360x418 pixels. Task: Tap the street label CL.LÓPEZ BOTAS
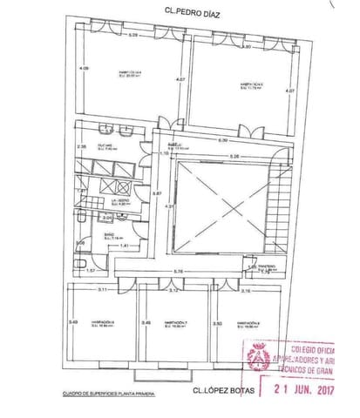pyautogui.click(x=225, y=390)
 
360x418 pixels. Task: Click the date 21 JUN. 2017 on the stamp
pyautogui.click(x=304, y=390)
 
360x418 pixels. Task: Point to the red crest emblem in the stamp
pyautogui.click(x=259, y=356)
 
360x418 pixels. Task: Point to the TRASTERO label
pyautogui.click(x=266, y=267)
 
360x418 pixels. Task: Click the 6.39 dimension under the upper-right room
pyautogui.click(x=223, y=140)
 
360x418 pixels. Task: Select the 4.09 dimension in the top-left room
pyautogui.click(x=82, y=68)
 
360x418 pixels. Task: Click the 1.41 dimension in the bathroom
pyautogui.click(x=124, y=246)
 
